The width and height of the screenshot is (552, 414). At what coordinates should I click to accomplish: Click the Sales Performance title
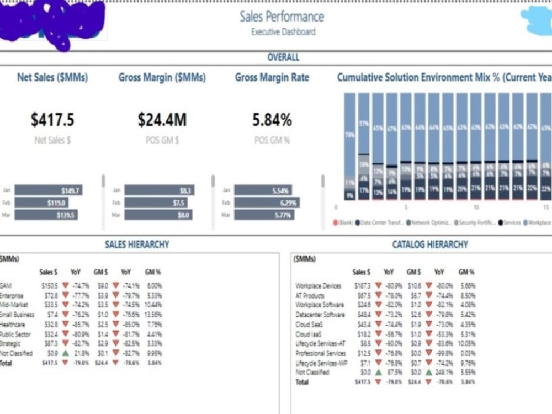click(282, 17)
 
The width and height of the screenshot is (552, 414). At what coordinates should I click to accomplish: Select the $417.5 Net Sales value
click(52, 119)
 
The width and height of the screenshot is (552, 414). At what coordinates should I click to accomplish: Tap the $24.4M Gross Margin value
click(162, 119)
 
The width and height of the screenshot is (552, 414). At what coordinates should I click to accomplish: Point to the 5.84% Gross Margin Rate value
click(272, 119)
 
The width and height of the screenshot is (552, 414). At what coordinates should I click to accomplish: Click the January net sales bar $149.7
click(49, 190)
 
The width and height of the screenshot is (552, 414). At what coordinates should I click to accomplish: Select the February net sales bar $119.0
click(41, 203)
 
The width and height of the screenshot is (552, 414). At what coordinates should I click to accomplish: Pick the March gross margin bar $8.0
click(158, 215)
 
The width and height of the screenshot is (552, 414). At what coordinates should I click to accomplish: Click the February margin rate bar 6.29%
click(267, 203)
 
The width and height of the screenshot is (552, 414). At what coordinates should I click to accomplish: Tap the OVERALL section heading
click(283, 57)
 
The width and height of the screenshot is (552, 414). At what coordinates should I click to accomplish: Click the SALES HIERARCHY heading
click(137, 245)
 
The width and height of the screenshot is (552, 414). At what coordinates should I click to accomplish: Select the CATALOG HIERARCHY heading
click(429, 245)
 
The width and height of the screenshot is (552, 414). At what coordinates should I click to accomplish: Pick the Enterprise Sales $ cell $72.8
click(50, 296)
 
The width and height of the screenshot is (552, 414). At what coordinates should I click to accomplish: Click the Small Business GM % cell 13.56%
click(153, 315)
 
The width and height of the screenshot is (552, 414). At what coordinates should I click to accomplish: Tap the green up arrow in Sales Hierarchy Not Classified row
click(66, 353)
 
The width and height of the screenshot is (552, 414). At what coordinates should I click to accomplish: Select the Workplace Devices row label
click(319, 286)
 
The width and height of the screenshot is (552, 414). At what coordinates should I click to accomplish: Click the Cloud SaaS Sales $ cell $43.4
click(363, 325)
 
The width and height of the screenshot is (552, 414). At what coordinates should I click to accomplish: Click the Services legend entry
click(511, 222)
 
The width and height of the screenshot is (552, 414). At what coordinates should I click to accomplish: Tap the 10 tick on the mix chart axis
click(476, 208)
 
